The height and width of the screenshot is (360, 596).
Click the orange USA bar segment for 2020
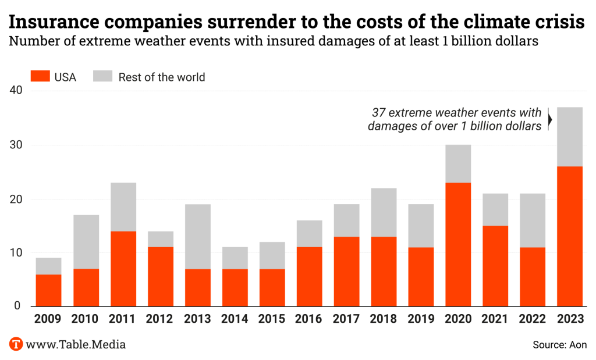coord(458,244)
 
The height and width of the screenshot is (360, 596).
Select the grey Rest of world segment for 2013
coord(198,236)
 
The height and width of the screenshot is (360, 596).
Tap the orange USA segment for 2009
coord(48,290)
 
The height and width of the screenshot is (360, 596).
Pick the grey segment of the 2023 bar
coord(570,137)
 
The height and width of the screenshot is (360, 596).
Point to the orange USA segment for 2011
coord(123,269)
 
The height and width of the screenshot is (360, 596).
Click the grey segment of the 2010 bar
coord(86,242)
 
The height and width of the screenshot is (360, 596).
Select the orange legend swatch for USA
coord(40,77)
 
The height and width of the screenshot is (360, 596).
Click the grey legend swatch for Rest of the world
coord(102,77)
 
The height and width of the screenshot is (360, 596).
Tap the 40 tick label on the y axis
coord(16,91)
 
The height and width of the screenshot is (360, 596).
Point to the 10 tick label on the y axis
coord(16,253)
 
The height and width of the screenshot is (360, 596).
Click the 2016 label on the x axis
coord(309,319)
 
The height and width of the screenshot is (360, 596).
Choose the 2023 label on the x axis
coord(570,319)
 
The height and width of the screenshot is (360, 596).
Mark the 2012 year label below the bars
coord(160,319)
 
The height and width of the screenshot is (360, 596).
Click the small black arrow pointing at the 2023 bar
coord(550,119)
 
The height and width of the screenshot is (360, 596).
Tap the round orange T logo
coord(16,344)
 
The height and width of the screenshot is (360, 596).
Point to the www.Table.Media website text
coord(76,344)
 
